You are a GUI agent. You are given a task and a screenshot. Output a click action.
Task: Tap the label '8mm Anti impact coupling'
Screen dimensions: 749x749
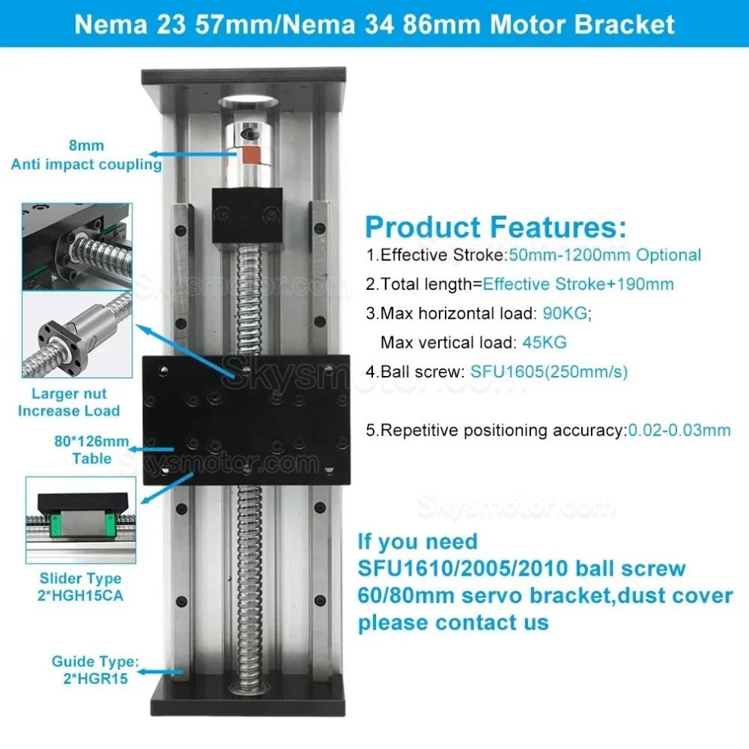(x=86, y=155)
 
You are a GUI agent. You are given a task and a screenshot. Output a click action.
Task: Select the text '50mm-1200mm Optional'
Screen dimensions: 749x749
(x=605, y=255)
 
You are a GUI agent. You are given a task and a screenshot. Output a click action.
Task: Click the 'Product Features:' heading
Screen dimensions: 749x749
(x=496, y=227)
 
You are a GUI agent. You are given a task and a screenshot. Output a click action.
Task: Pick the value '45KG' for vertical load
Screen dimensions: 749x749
(x=544, y=342)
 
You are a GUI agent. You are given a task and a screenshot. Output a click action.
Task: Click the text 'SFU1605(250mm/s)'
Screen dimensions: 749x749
(x=549, y=371)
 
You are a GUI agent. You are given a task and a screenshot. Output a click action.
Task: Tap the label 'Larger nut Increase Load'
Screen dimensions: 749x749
(x=69, y=402)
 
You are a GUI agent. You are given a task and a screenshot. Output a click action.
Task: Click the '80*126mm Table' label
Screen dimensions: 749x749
(x=92, y=450)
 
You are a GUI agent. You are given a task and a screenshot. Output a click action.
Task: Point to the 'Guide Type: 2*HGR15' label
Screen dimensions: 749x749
(x=95, y=670)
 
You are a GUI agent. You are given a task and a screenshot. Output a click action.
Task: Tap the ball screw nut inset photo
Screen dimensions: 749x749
(x=76, y=334)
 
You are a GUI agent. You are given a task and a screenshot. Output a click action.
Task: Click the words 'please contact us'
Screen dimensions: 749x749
(x=453, y=623)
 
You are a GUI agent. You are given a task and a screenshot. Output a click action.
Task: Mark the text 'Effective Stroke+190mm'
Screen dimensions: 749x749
(x=578, y=284)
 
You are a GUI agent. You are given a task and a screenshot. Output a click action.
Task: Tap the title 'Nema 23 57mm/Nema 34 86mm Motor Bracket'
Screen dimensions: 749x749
(x=374, y=24)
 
